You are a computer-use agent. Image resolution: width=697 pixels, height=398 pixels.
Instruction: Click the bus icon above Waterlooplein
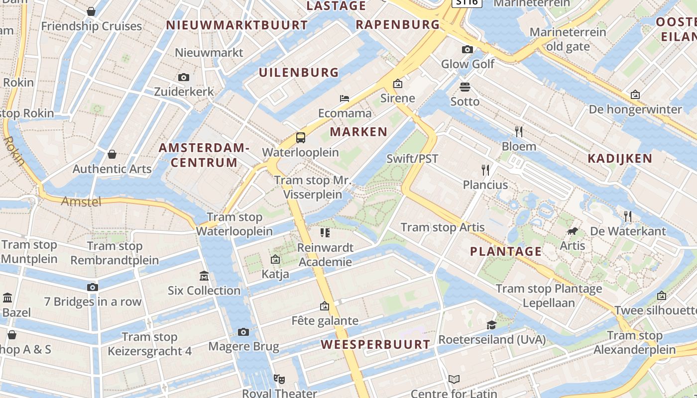click(301, 138)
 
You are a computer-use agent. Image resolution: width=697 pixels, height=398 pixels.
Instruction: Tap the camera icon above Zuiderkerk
click(184, 77)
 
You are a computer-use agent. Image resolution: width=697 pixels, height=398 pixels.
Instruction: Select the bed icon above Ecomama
click(345, 98)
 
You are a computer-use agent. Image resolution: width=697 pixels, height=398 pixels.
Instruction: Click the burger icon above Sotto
click(465, 87)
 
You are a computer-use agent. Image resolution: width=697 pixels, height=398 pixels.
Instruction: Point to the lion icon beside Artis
click(573, 231)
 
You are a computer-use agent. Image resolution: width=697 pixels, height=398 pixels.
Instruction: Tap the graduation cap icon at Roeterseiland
click(492, 325)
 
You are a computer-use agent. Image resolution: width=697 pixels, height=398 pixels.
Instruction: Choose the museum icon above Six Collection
click(204, 276)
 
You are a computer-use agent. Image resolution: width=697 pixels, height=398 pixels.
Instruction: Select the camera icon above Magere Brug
click(243, 332)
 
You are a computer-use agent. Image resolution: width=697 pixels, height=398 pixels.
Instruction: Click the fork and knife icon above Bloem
click(519, 131)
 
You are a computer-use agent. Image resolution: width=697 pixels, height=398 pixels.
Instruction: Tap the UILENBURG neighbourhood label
click(299, 72)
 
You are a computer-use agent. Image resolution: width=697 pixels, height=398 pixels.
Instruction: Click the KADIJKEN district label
click(620, 159)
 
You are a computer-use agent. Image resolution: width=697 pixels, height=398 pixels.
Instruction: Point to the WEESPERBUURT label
click(375, 344)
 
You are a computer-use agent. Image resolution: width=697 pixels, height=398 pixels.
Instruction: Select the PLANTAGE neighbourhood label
click(506, 251)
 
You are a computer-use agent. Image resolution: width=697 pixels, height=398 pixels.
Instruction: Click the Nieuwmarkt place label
click(209, 52)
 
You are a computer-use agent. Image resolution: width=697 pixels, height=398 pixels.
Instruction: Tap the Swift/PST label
click(412, 159)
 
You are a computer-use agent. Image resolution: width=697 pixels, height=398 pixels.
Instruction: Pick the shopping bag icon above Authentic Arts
click(112, 154)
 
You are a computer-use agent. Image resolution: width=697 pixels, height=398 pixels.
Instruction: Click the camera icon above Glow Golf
click(467, 49)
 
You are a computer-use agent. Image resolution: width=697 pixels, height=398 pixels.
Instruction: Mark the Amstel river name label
click(81, 201)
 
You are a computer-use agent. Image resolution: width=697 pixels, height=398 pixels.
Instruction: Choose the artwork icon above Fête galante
click(325, 306)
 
